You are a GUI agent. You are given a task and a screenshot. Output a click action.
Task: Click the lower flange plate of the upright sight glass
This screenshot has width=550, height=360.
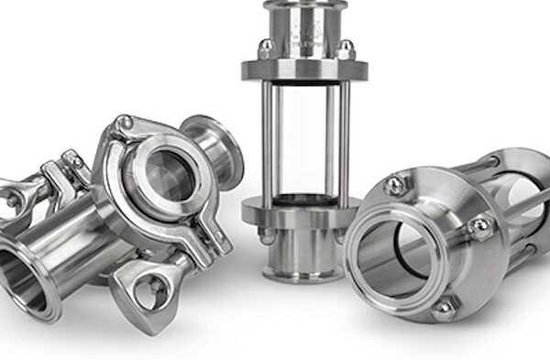point(298,213)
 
